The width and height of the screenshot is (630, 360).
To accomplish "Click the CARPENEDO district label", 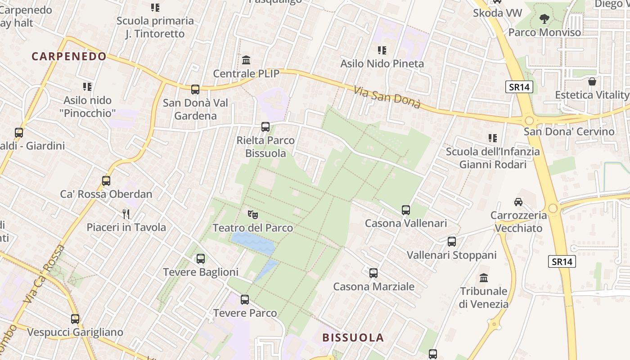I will (69, 56).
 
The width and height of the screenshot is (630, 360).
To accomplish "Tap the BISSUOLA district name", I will (353, 337).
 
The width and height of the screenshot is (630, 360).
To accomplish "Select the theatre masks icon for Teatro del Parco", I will (252, 214).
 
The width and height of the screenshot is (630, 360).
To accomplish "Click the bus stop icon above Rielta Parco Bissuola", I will (265, 127).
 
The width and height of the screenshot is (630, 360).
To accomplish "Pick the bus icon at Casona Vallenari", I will (406, 210).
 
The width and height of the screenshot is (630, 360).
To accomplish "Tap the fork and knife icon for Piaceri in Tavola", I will (126, 214).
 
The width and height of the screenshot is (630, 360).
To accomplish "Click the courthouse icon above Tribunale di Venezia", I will (484, 278).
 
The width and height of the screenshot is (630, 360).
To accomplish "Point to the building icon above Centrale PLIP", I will (246, 60).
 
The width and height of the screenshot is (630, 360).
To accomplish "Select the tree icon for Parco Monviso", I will (544, 19).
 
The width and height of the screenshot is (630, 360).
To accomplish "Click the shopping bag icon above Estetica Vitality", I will (592, 81).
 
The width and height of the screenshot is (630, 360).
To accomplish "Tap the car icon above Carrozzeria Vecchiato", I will (518, 202).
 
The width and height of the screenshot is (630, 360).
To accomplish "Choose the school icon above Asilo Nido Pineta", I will (382, 50).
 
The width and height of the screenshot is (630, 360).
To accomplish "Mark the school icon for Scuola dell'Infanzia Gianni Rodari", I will (493, 138).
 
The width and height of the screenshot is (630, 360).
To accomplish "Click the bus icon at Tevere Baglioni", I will (201, 259).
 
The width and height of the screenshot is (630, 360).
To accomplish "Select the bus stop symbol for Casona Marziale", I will (373, 273).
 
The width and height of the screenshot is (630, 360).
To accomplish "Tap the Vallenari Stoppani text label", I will (451, 255).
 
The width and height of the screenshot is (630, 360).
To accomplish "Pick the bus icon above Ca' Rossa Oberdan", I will (106, 181).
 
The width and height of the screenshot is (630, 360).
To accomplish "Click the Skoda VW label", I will (497, 13).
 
